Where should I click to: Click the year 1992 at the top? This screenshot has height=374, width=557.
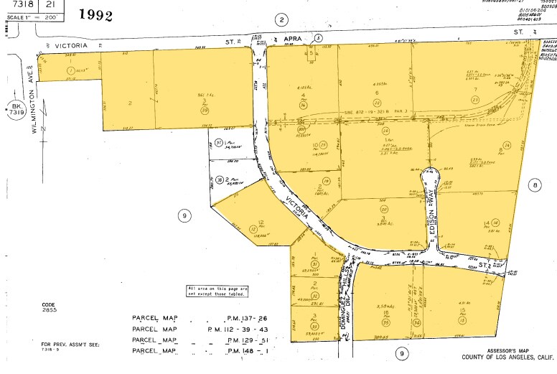coord(95,15)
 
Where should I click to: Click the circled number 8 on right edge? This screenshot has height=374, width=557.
coord(534,185)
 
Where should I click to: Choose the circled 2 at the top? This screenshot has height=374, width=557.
coord(282,20)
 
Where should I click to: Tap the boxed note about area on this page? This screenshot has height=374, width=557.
coord(217,290)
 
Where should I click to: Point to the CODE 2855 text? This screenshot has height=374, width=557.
coord(48,307)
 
